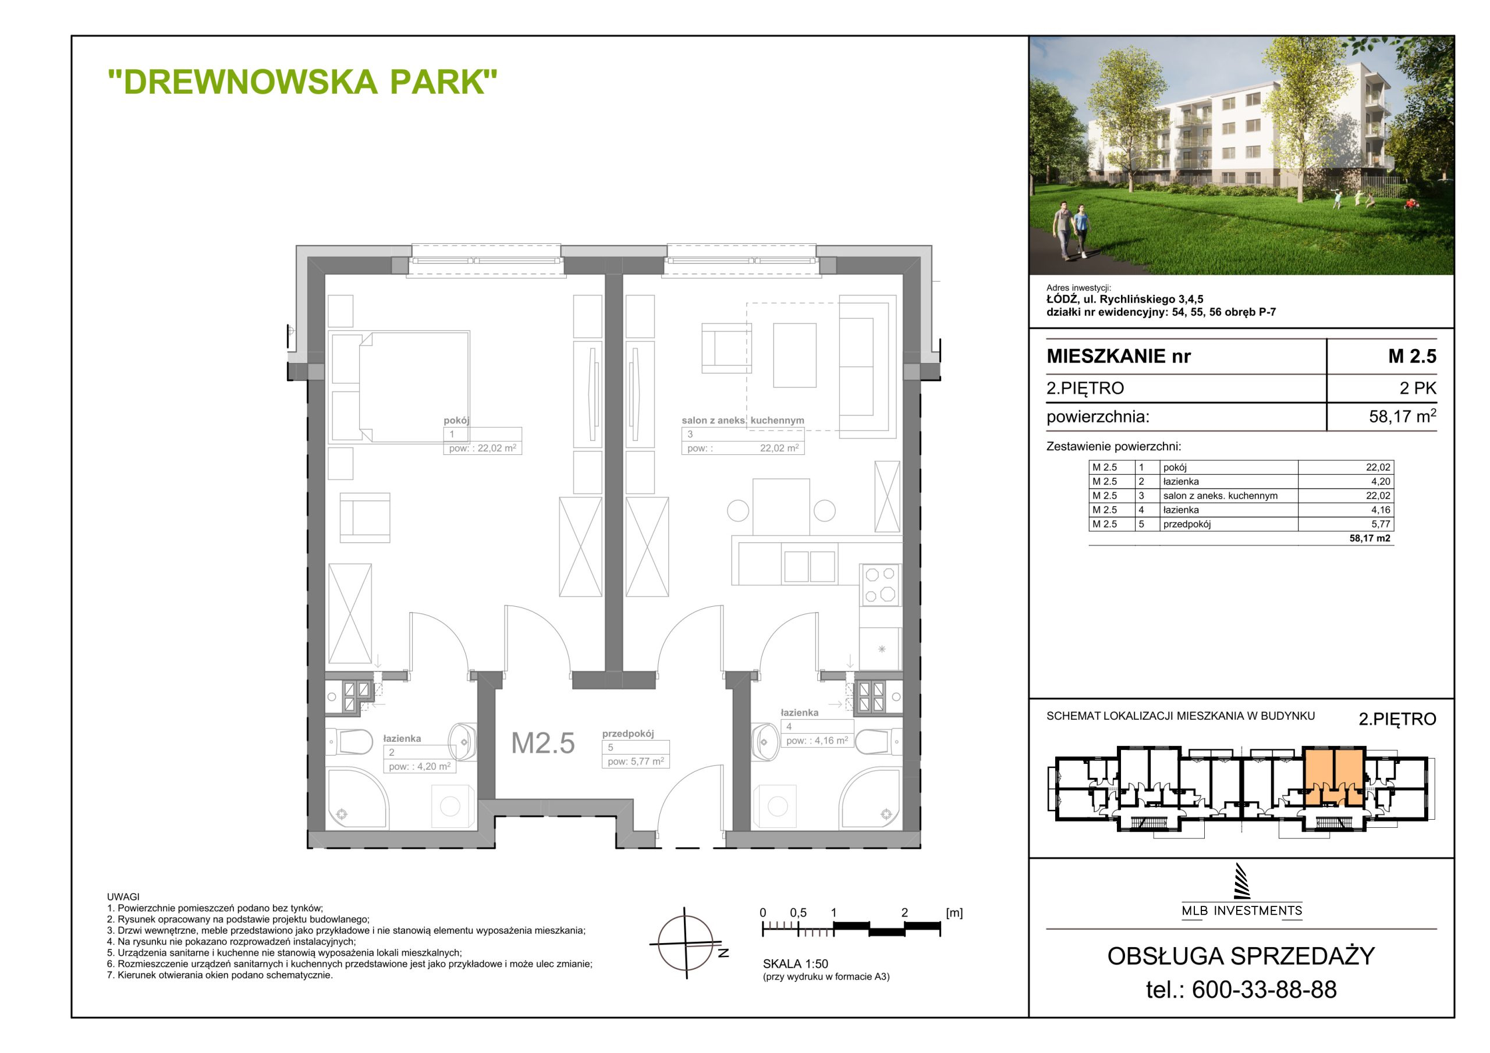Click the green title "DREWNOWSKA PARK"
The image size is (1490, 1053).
303,82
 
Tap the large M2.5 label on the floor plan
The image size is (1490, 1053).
542,743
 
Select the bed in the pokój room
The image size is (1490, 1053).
400,387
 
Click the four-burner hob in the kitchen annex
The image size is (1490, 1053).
880,584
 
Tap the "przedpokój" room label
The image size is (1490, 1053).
627,733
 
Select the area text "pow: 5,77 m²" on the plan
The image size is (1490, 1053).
636,761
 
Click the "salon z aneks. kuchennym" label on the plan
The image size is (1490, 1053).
743,421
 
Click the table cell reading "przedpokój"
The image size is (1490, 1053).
1229,524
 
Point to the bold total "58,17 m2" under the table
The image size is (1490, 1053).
1370,539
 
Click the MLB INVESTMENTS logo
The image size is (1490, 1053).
1241,891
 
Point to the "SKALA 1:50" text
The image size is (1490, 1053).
796,964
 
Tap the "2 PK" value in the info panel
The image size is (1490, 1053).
1418,389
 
